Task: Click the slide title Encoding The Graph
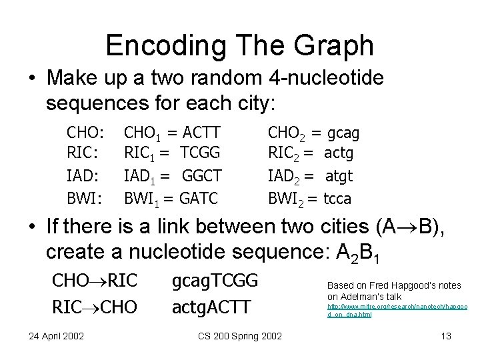pos(239,45)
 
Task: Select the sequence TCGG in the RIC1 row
pos(201,155)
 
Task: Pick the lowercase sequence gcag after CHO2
pos(341,133)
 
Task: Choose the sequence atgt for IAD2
pos(339,176)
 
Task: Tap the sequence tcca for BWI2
pos(337,198)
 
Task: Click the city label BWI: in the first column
pos(84,198)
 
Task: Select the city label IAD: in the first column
pos(83,176)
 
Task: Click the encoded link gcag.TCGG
pos(215,281)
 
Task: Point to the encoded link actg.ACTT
pos(211,307)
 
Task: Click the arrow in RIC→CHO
pos(87,307)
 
